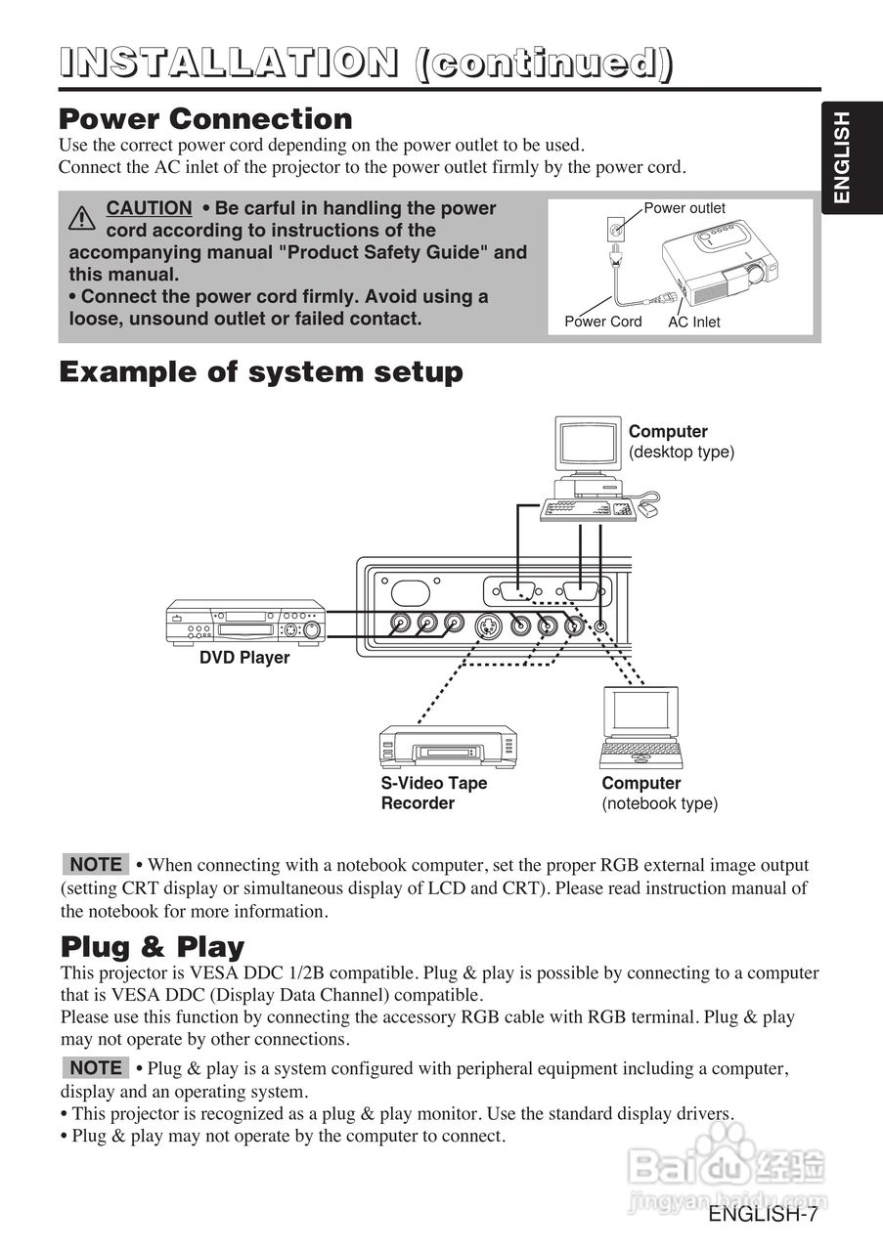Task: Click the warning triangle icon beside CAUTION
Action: pyautogui.click(x=82, y=218)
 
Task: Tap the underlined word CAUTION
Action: pyautogui.click(x=149, y=208)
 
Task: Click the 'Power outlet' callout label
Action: pyautogui.click(x=684, y=208)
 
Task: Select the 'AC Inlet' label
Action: pyautogui.click(x=693, y=322)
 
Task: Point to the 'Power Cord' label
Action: pyautogui.click(x=603, y=322)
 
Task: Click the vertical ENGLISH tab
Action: pyautogui.click(x=841, y=157)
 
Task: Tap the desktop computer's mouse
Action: pyautogui.click(x=648, y=509)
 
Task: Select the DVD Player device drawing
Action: pyautogui.click(x=245, y=623)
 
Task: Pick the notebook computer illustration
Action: pyautogui.click(x=640, y=728)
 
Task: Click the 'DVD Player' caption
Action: pyautogui.click(x=244, y=658)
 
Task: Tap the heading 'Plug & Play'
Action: pyautogui.click(x=153, y=947)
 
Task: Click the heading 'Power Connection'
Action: pyautogui.click(x=205, y=119)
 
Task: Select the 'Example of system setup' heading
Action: pyautogui.click(x=261, y=372)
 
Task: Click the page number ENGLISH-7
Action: pyautogui.click(x=762, y=1215)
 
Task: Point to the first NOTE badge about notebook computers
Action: pyautogui.click(x=96, y=864)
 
